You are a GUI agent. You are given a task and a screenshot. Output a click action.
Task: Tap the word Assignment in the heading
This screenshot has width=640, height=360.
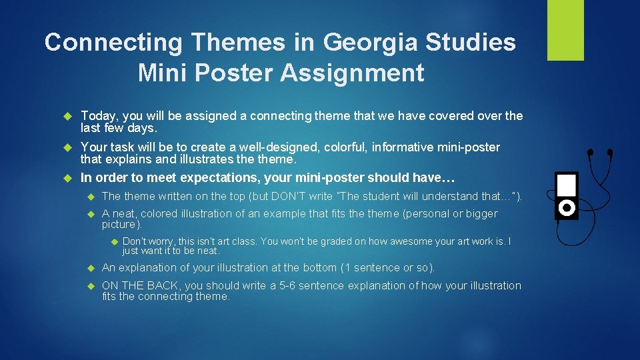tap(352, 73)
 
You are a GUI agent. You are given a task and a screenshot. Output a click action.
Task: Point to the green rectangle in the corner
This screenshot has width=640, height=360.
tap(565, 30)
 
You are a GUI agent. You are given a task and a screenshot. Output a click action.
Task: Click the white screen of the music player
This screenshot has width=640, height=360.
tap(567, 184)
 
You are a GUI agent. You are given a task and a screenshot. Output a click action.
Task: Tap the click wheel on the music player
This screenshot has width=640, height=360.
tap(567, 208)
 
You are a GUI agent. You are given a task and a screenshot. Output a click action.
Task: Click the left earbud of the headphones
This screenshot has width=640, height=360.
tap(590, 152)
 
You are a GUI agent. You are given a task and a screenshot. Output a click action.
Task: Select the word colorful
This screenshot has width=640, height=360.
tap(339, 147)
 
